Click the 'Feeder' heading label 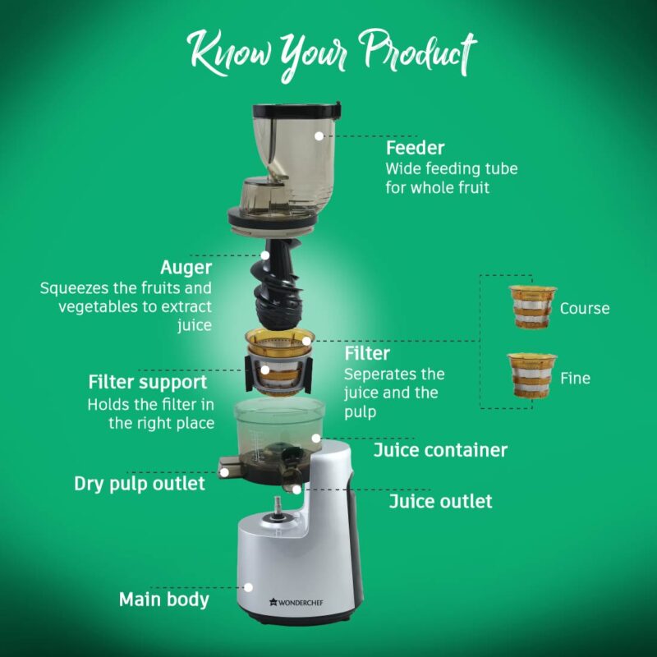coord(415,148)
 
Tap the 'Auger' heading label coord(186,268)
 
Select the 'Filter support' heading coord(148,383)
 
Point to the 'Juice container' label coord(440,450)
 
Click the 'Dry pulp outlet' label coord(140,484)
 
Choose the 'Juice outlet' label coord(440,501)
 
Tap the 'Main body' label coord(164,599)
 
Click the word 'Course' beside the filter coord(585,309)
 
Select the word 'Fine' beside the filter coord(575,379)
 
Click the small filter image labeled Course coord(531,306)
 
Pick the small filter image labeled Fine coord(531,375)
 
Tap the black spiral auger coord(279,283)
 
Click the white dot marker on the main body coord(250,586)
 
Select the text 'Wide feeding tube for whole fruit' coord(452,177)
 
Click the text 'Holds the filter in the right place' coord(150,414)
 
